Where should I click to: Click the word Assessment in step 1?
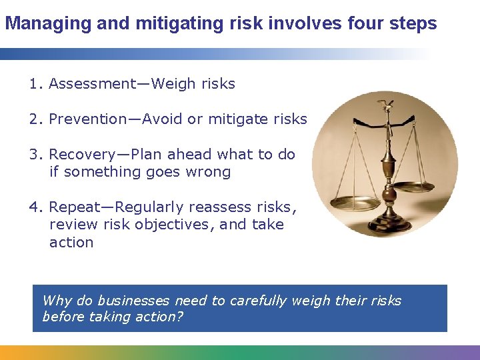92,84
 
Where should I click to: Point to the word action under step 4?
71,243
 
